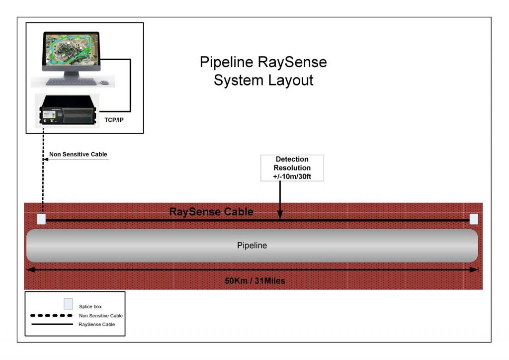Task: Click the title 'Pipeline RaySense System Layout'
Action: pyautogui.click(x=263, y=71)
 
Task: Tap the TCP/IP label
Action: pyautogui.click(x=114, y=120)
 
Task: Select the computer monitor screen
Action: pyautogui.click(x=72, y=49)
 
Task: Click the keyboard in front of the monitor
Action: pyautogui.click(x=71, y=82)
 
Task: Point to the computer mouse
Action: pyautogui.click(x=104, y=83)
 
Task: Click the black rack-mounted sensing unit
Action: pyautogui.click(x=68, y=110)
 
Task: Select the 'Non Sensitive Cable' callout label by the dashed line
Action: pyautogui.click(x=78, y=155)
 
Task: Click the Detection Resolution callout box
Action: pyautogui.click(x=292, y=168)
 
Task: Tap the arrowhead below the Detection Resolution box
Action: pyautogui.click(x=280, y=214)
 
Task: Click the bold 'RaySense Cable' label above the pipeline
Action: pyautogui.click(x=211, y=212)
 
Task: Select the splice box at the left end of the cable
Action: pyautogui.click(x=42, y=219)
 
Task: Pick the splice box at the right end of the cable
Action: pyautogui.click(x=474, y=219)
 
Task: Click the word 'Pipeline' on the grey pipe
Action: pyautogui.click(x=252, y=246)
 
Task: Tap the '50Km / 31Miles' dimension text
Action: pyautogui.click(x=255, y=281)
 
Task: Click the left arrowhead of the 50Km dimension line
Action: pyautogui.click(x=30, y=270)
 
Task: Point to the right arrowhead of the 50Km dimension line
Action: pyautogui.click(x=474, y=270)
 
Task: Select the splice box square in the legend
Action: pyautogui.click(x=68, y=304)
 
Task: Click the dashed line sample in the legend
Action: pyautogui.click(x=51, y=316)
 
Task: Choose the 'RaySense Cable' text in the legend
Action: pyautogui.click(x=97, y=324)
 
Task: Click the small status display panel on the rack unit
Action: pyautogui.click(x=49, y=115)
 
